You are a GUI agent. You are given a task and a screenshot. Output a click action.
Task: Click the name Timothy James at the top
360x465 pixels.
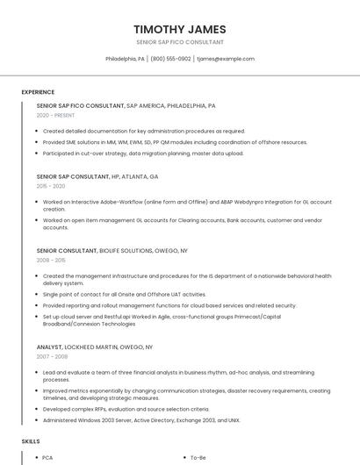click(179, 29)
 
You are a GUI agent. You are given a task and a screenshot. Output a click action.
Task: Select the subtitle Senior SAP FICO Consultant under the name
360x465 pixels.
click(179, 42)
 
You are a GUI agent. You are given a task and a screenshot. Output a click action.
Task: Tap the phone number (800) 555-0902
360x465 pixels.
click(170, 59)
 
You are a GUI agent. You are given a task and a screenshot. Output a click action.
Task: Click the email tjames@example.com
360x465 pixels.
click(226, 59)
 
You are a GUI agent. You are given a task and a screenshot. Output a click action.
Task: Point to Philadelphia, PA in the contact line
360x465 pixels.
click(125, 59)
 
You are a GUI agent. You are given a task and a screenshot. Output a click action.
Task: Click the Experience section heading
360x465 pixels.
click(38, 92)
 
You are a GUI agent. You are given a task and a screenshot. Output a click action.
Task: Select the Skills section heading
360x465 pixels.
click(31, 440)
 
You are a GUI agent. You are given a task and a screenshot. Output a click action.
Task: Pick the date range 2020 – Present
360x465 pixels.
click(54, 115)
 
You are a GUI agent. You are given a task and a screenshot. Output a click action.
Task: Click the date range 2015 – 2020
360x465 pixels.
click(51, 186)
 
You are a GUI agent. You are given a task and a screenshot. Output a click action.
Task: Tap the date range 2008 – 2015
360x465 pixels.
click(51, 261)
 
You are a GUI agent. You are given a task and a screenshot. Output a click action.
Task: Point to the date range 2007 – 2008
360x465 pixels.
click(51, 357)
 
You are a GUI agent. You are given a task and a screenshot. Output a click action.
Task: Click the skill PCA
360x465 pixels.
click(48, 458)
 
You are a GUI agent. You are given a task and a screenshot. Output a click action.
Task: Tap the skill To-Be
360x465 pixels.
click(198, 458)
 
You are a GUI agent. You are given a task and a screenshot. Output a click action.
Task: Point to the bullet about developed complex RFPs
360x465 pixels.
click(126, 409)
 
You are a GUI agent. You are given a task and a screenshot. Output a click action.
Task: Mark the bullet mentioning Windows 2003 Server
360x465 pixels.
click(140, 420)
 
